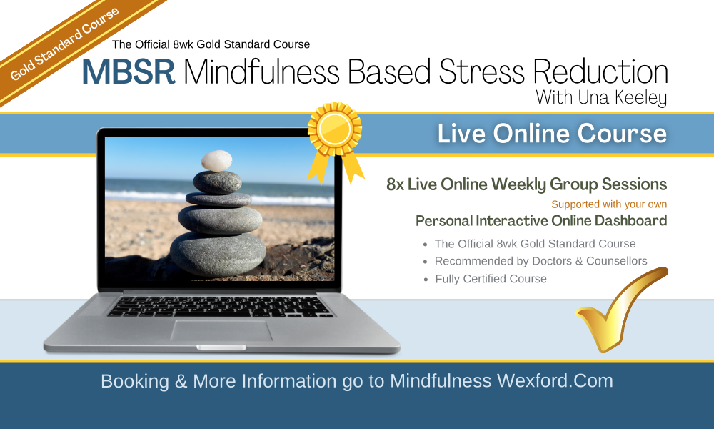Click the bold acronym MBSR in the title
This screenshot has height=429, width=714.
129,71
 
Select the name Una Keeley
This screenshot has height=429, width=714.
622,97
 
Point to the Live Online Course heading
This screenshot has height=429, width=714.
552,134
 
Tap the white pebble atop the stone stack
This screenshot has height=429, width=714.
217,161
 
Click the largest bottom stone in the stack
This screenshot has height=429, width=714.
218,254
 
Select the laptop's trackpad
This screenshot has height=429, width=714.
221,330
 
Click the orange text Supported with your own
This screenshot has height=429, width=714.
609,204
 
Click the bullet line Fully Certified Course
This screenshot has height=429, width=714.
491,279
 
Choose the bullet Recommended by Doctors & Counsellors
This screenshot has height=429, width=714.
541,261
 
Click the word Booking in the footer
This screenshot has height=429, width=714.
135,381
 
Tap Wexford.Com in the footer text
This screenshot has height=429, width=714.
555,380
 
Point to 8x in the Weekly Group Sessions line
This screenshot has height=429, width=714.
395,184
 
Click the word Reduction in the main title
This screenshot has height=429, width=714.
600,71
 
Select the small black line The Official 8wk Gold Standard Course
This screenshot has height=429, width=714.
211,44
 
